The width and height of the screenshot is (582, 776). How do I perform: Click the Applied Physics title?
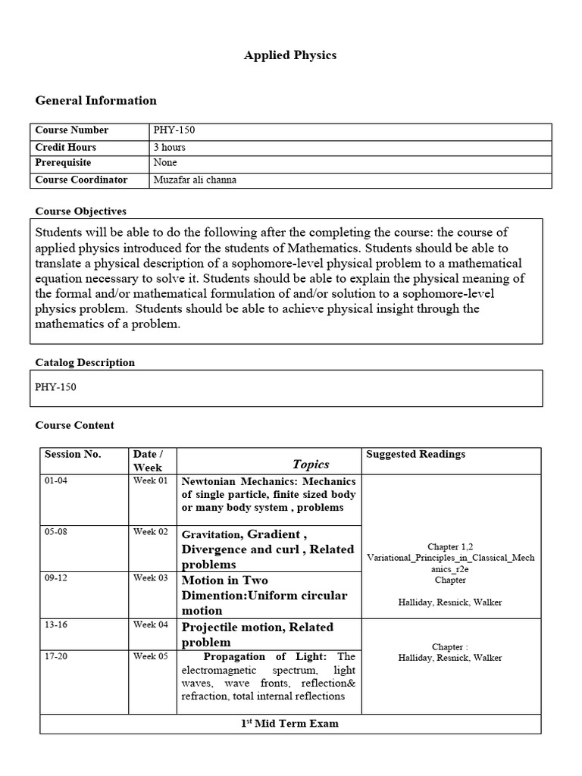[290, 55]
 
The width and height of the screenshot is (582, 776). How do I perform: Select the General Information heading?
[96, 100]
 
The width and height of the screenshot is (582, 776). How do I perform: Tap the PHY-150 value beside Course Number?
[174, 130]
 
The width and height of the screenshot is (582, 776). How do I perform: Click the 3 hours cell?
[169, 147]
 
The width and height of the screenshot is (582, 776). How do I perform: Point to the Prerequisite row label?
[63, 163]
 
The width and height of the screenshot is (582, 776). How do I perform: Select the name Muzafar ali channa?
[196, 180]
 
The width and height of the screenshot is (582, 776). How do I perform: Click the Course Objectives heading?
[81, 211]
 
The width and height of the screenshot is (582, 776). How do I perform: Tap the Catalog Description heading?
[85, 362]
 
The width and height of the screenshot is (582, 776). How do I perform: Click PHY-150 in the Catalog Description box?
[56, 387]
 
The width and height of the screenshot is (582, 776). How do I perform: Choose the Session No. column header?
[73, 455]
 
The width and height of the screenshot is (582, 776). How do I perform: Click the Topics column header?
[311, 464]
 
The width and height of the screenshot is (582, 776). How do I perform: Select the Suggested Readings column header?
[415, 455]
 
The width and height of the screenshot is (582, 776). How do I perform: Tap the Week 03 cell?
[150, 578]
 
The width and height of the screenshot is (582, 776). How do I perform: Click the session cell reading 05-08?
[56, 532]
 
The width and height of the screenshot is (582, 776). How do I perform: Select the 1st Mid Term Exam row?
[290, 724]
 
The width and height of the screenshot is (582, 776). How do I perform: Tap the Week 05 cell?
[150, 656]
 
